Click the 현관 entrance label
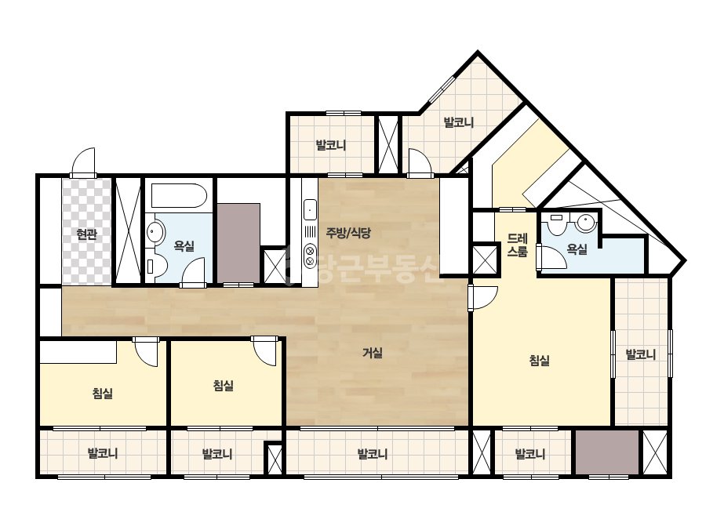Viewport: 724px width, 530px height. (x=86, y=234)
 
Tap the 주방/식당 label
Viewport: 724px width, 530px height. (x=348, y=233)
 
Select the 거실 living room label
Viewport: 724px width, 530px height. (x=372, y=353)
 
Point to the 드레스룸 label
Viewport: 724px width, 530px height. (x=517, y=245)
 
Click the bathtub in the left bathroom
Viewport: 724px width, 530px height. (x=179, y=196)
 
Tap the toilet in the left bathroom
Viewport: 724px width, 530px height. (x=156, y=267)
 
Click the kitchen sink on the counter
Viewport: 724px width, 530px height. (x=310, y=210)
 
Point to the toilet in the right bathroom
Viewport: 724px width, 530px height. (x=557, y=223)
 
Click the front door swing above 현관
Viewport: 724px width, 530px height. (x=84, y=162)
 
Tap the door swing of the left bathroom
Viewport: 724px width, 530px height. (x=193, y=272)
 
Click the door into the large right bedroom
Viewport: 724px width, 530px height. (x=483, y=298)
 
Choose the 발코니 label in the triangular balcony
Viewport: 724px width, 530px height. (x=459, y=123)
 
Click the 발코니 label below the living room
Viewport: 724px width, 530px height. (x=372, y=454)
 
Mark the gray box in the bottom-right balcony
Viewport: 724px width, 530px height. (x=606, y=452)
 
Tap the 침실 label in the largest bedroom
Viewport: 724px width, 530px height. (x=539, y=360)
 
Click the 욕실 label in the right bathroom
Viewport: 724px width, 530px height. (x=577, y=249)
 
